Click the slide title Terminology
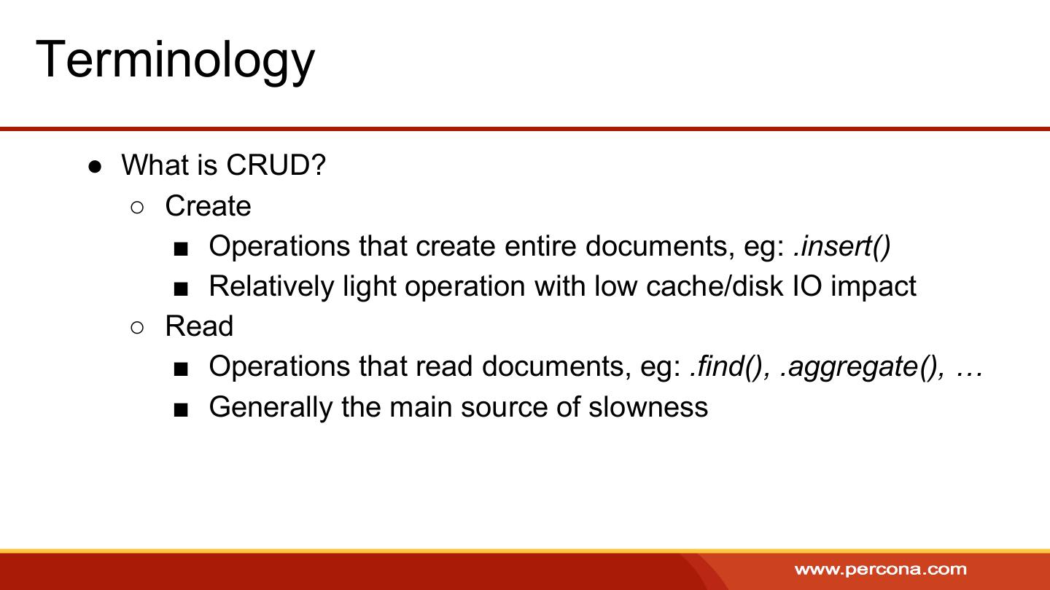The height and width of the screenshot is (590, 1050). (175, 61)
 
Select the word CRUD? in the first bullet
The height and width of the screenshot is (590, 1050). (276, 165)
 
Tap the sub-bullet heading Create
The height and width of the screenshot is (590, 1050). (208, 205)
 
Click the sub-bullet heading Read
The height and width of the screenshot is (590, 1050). (199, 326)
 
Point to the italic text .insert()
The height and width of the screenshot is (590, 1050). (842, 246)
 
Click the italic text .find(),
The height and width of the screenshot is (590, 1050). (730, 366)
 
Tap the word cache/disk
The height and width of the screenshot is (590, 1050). (715, 286)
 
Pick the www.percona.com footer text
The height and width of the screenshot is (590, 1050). (880, 570)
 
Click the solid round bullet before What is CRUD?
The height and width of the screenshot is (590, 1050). (95, 167)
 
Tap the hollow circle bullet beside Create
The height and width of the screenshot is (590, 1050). (137, 208)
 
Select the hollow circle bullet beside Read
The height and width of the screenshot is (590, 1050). (137, 328)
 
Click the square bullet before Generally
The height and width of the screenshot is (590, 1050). (181, 410)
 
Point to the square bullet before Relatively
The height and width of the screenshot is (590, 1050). (181, 289)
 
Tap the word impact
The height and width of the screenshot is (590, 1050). (874, 287)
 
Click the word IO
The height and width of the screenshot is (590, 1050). (806, 286)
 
